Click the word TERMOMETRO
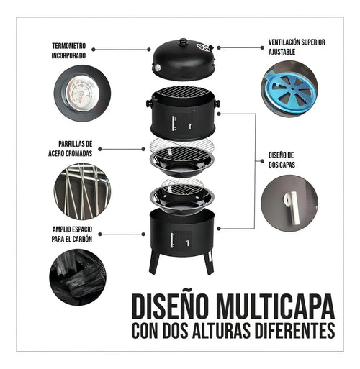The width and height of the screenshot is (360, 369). click(68, 46)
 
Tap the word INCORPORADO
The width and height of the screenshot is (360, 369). click(68, 55)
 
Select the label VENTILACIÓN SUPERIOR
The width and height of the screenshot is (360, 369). click(297, 42)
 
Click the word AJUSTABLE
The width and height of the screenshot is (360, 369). click(282, 52)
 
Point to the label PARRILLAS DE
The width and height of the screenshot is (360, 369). click(76, 144)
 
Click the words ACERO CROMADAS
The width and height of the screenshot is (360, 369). click(71, 153)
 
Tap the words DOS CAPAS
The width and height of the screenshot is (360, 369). click(282, 165)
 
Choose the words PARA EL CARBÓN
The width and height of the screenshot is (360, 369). click(72, 239)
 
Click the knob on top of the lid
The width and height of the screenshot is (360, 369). click(184, 42)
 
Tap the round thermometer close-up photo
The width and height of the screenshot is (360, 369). click(82, 94)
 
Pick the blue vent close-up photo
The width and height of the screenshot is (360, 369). click(289, 89)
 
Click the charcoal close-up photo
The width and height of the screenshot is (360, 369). click(78, 277)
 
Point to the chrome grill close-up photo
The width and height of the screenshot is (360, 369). click(82, 191)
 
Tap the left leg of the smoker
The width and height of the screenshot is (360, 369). click(154, 263)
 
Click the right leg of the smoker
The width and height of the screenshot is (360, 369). click(209, 263)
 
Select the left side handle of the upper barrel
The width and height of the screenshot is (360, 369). click(149, 104)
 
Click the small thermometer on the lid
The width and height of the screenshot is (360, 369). click(158, 68)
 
